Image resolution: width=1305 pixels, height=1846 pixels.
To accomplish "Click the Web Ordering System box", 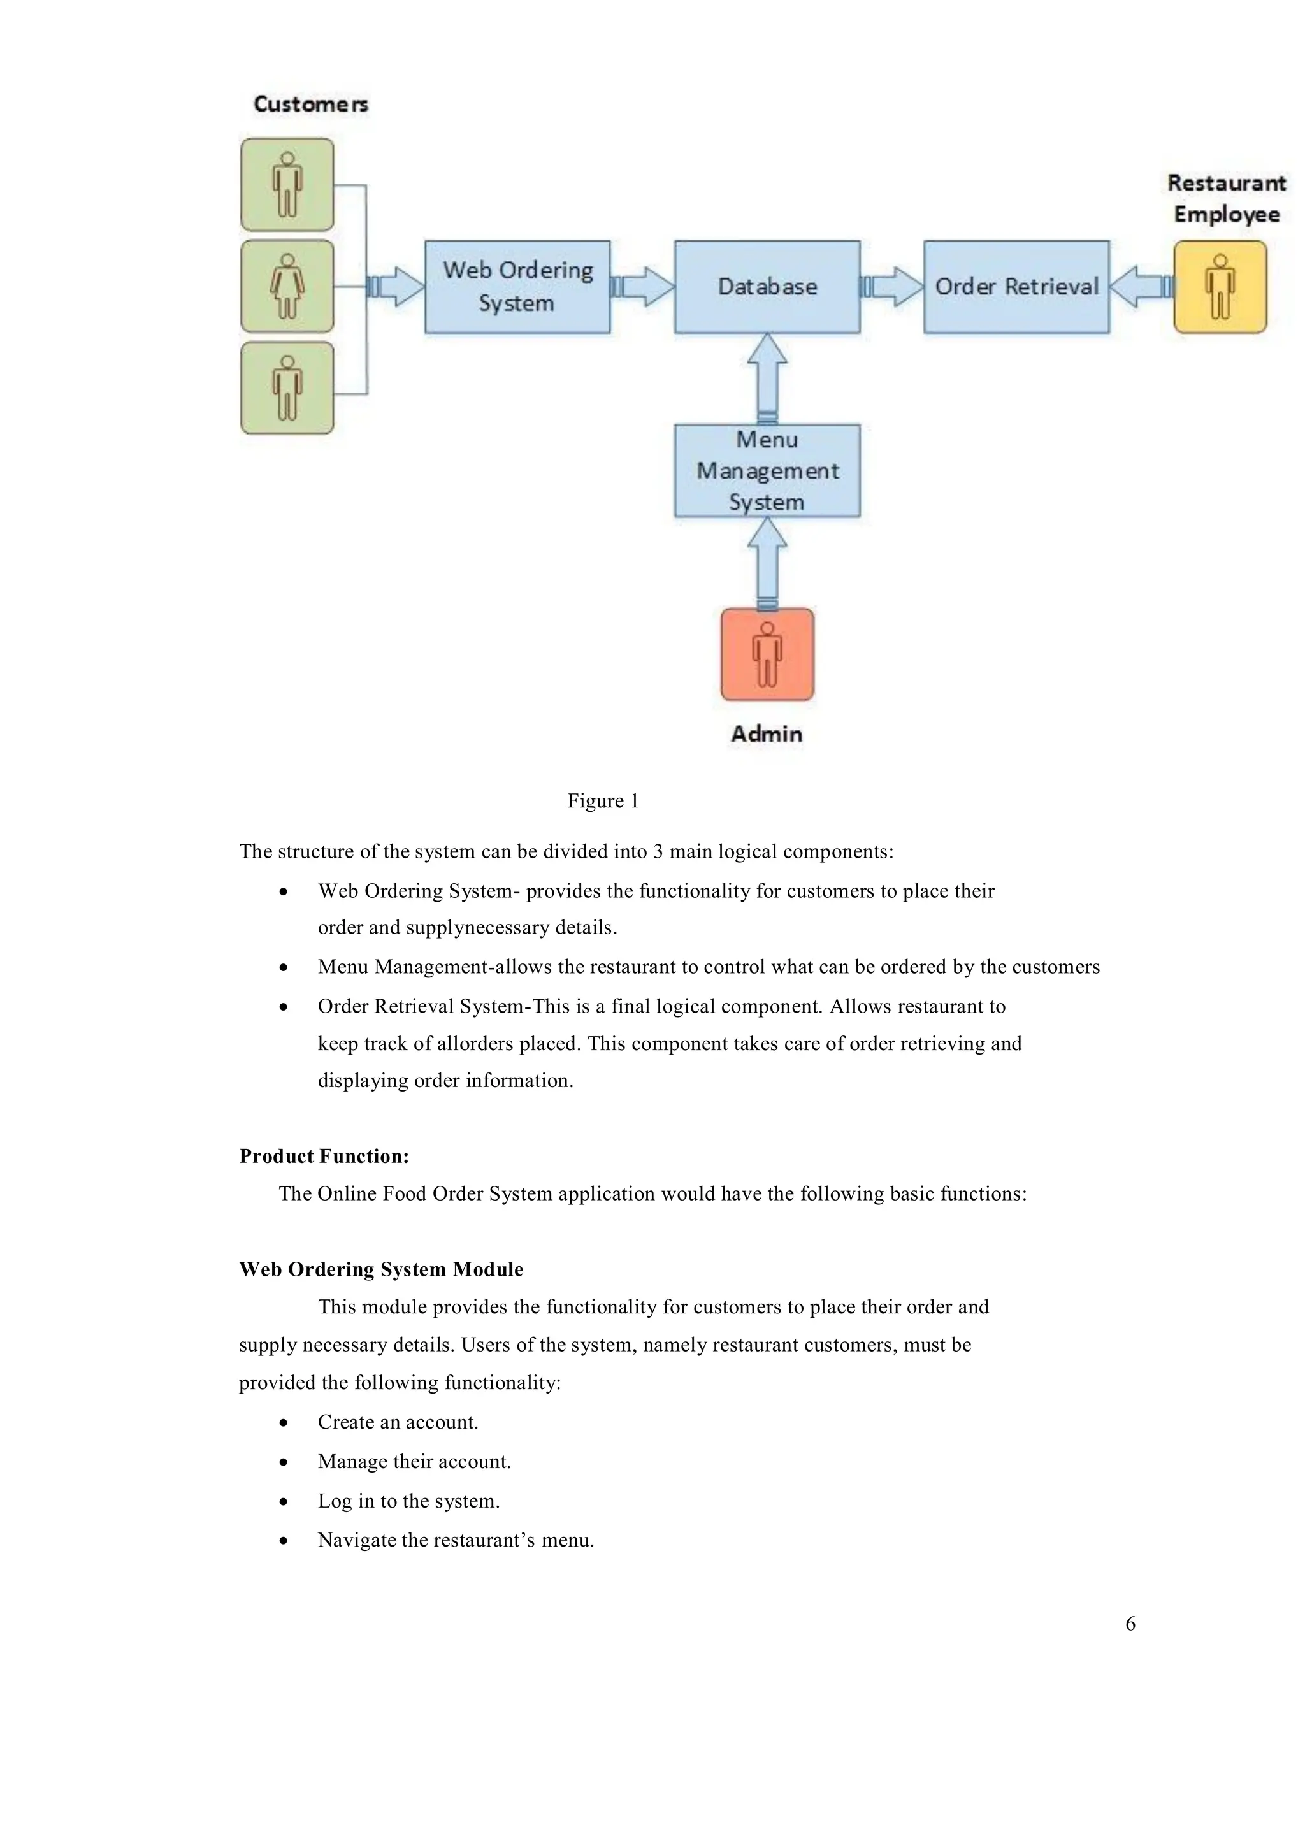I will pyautogui.click(x=517, y=286).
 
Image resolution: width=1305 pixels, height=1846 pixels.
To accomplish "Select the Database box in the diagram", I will pyautogui.click(x=767, y=286).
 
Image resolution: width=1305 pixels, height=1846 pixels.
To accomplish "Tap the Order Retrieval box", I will pyautogui.click(x=1016, y=286).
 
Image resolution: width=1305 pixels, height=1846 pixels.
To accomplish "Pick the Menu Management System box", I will pyautogui.click(x=767, y=470).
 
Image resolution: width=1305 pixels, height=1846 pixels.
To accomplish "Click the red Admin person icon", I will pyautogui.click(x=767, y=654).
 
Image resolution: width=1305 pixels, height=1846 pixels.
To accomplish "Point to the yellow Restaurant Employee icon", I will pyautogui.click(x=1219, y=286).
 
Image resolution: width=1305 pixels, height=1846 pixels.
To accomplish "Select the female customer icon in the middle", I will pyautogui.click(x=287, y=286).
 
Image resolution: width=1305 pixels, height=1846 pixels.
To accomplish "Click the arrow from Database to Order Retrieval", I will pyautogui.click(x=893, y=286).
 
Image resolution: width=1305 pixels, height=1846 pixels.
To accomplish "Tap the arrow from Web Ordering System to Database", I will pyautogui.click(x=642, y=286).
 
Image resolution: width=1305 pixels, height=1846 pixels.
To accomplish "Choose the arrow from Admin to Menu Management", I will pyautogui.click(x=767, y=562).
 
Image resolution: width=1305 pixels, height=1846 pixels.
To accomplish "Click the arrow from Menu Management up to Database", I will pyautogui.click(x=767, y=378).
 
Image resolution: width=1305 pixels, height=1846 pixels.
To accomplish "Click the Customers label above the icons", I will pyautogui.click(x=310, y=104).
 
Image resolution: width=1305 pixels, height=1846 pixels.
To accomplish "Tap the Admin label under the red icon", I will pyautogui.click(x=767, y=733).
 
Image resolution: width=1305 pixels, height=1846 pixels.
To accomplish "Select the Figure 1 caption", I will pyautogui.click(x=602, y=801).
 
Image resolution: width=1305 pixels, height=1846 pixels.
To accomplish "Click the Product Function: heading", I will pyautogui.click(x=324, y=1156).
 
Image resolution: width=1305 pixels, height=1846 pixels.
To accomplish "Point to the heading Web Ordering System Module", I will pyautogui.click(x=381, y=1269).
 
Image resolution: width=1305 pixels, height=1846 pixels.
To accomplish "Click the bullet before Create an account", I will pyautogui.click(x=283, y=1423).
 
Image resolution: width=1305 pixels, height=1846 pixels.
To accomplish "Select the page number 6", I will pyautogui.click(x=1130, y=1623).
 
